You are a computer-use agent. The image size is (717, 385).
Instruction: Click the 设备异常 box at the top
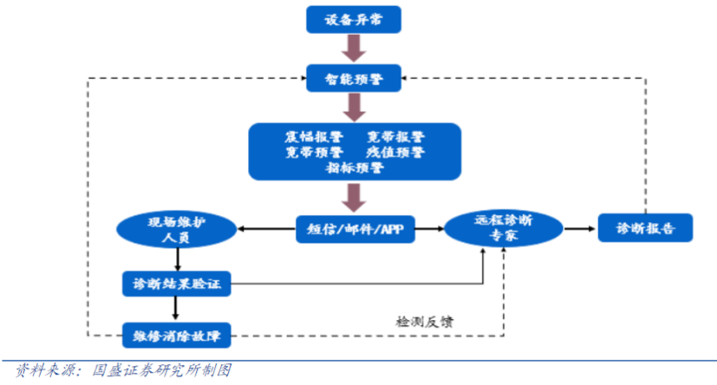coord(354,19)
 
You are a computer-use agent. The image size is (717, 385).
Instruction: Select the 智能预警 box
coord(354,79)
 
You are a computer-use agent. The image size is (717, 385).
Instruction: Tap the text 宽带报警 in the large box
coord(395,137)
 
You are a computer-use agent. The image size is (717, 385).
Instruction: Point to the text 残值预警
coord(395,152)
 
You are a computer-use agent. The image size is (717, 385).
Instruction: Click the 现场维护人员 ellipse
coord(176,229)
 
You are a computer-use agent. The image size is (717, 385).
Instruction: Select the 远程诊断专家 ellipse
coord(504,227)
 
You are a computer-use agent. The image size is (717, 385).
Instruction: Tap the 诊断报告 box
coord(645,228)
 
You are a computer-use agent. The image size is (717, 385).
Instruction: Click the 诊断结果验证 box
coord(178,283)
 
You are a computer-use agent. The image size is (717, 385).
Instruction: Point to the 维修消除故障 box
coord(178,334)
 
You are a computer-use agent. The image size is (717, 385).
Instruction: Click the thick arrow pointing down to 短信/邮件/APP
coord(354,198)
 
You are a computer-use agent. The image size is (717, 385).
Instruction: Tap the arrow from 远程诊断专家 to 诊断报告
coord(580,228)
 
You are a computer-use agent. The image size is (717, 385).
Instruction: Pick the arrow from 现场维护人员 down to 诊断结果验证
coord(177,258)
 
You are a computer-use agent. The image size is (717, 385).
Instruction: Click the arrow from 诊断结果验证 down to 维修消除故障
coord(177,308)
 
